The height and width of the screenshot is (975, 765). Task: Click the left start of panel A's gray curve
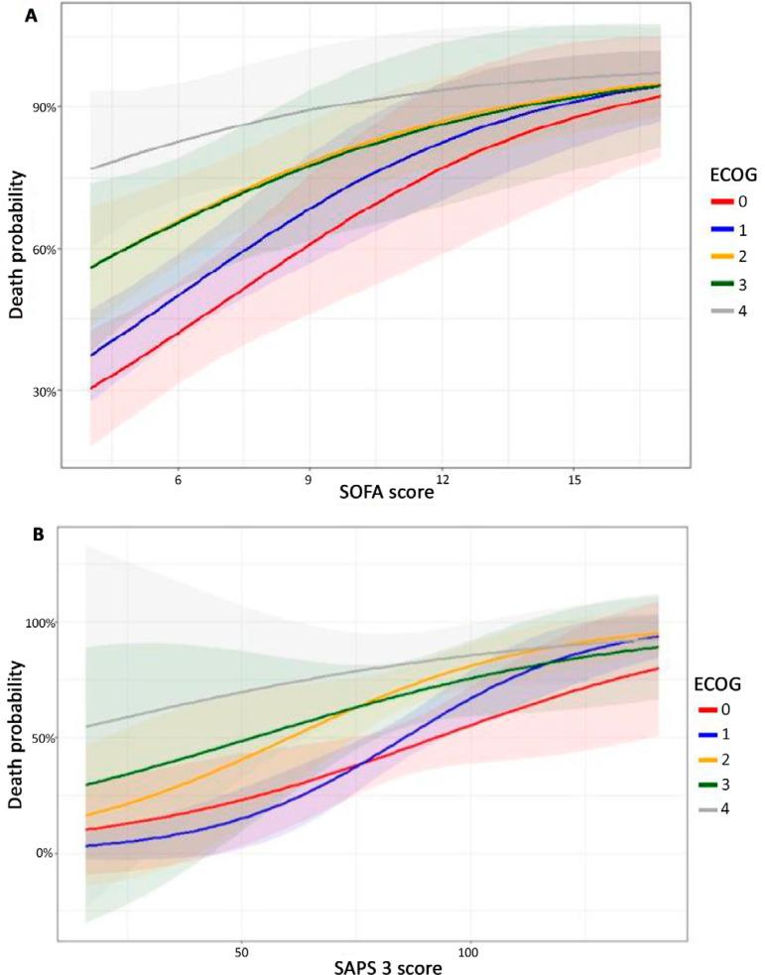coord(91,169)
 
